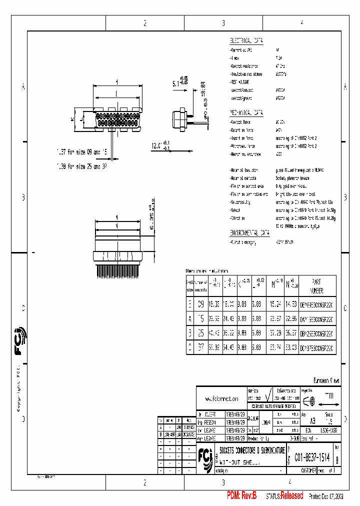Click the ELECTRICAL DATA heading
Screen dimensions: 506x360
[246, 40]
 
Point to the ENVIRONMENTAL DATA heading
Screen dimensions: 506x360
[249, 233]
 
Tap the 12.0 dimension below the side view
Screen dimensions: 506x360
[156, 145]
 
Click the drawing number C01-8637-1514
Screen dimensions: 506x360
[312, 457]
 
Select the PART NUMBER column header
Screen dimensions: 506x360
[316, 286]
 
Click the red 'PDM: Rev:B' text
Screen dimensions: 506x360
[241, 495]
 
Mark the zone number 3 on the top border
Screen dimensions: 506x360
[223, 23]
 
